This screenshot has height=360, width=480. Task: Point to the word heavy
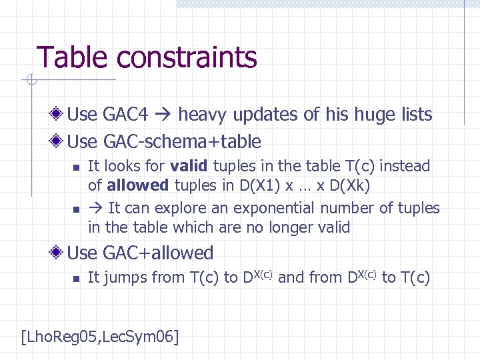[x=205, y=115]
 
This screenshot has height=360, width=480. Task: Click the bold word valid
[x=188, y=166]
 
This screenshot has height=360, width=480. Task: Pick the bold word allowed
[x=138, y=184]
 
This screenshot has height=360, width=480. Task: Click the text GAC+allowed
[x=159, y=253]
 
